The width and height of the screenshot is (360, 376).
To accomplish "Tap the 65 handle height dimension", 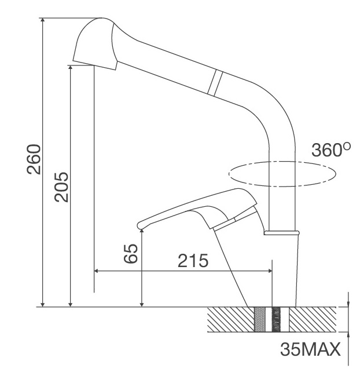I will [132, 254].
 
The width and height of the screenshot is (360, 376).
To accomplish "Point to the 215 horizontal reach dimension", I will [193, 261].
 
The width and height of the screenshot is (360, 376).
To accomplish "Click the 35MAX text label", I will [310, 350].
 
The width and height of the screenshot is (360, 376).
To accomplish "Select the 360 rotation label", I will [326, 151].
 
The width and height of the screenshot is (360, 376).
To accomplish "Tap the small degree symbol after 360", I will [346, 147].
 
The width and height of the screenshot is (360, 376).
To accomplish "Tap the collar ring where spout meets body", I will [282, 233].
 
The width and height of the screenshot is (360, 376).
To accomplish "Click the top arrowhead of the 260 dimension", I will [43, 21].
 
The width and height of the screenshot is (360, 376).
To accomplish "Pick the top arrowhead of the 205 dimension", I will [71, 68].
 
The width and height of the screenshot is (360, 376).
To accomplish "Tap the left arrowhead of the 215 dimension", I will [97, 271].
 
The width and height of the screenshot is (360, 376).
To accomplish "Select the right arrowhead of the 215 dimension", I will [269, 271].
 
